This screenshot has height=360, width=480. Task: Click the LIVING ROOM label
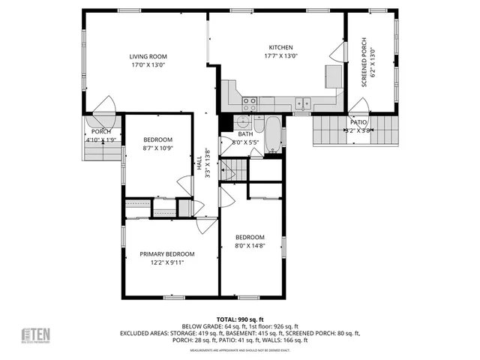pyautogui.click(x=147, y=56)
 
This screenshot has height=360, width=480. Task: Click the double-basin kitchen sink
pyautogui.click(x=304, y=103)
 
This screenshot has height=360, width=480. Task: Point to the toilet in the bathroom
pyautogui.click(x=258, y=123)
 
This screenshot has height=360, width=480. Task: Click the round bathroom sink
pyautogui.click(x=241, y=124)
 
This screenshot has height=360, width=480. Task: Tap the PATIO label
pyautogui.click(x=358, y=121)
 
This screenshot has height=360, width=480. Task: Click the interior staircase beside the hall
pyautogui.click(x=234, y=169)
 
